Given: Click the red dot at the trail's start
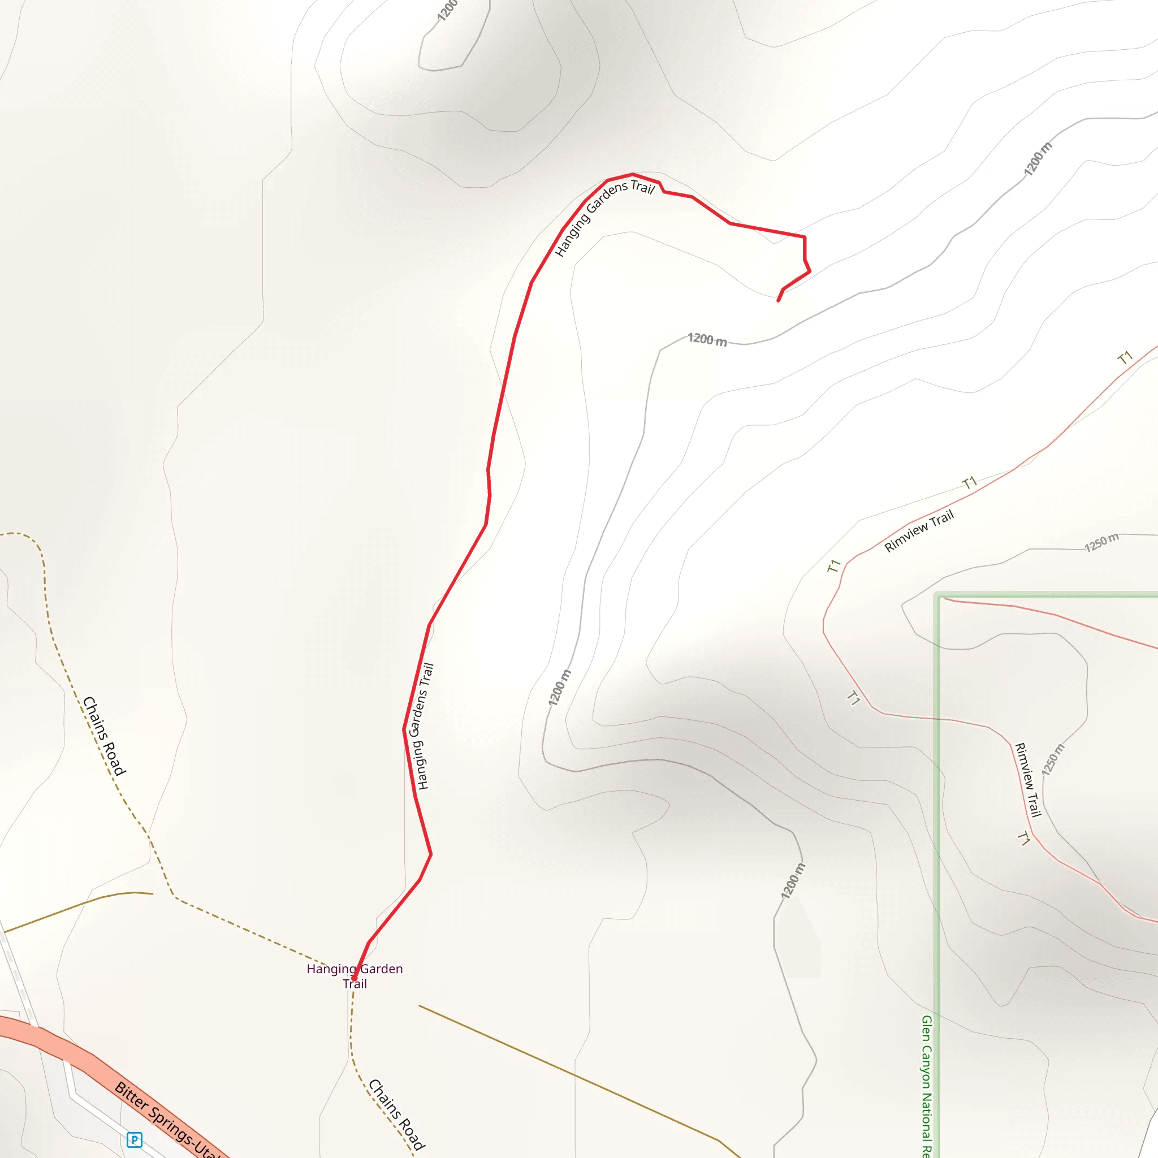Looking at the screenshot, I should [354, 978].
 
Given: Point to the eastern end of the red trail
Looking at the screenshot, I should [778, 300].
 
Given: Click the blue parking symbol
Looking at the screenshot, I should [134, 1139].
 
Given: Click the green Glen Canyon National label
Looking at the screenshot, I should [927, 1085].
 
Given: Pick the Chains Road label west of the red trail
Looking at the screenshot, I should [104, 736].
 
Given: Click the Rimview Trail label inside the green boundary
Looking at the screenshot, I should [1027, 779].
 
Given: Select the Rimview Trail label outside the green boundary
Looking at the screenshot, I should [919, 531].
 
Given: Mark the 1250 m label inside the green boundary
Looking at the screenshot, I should [1053, 759].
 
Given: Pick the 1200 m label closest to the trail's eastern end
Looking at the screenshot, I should [707, 340].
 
